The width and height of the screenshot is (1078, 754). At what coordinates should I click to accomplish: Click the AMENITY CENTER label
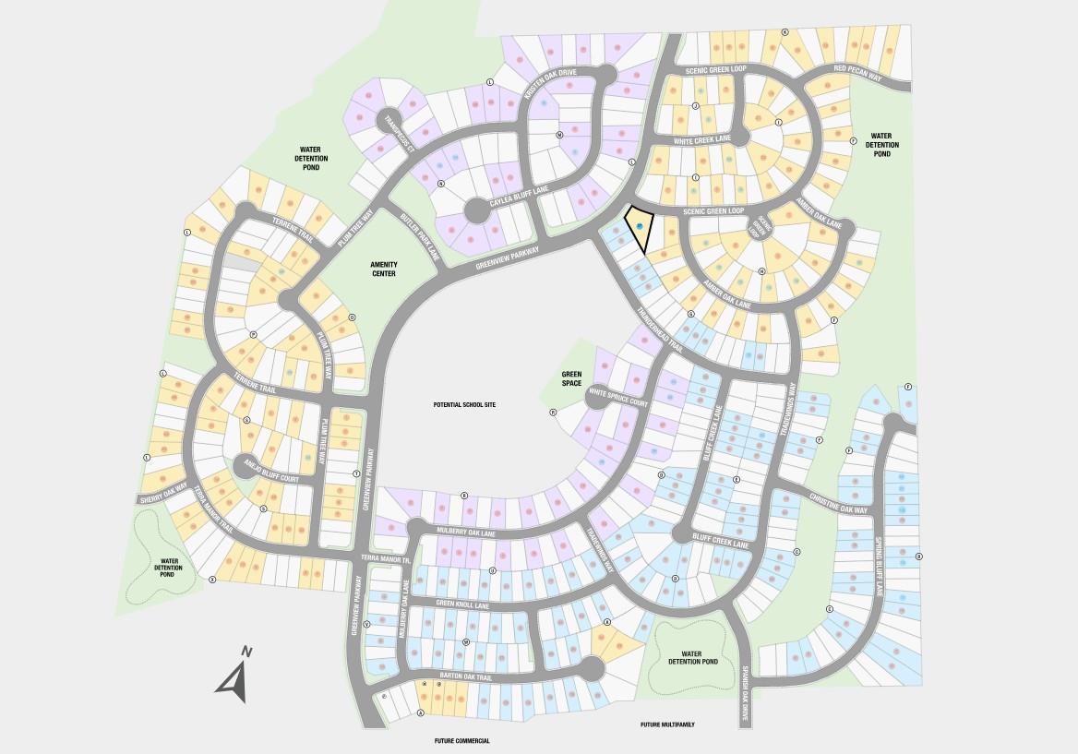383,269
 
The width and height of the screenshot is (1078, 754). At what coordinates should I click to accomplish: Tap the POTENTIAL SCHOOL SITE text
465,405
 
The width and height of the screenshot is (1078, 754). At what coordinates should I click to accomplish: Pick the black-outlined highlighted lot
639,229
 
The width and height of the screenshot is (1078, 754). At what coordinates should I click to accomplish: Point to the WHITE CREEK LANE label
702,140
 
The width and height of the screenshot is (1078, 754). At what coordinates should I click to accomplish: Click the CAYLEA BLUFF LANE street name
520,199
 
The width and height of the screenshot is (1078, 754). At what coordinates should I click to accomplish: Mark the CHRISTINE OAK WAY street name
838,503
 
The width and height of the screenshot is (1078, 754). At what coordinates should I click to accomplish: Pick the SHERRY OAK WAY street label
163,494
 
